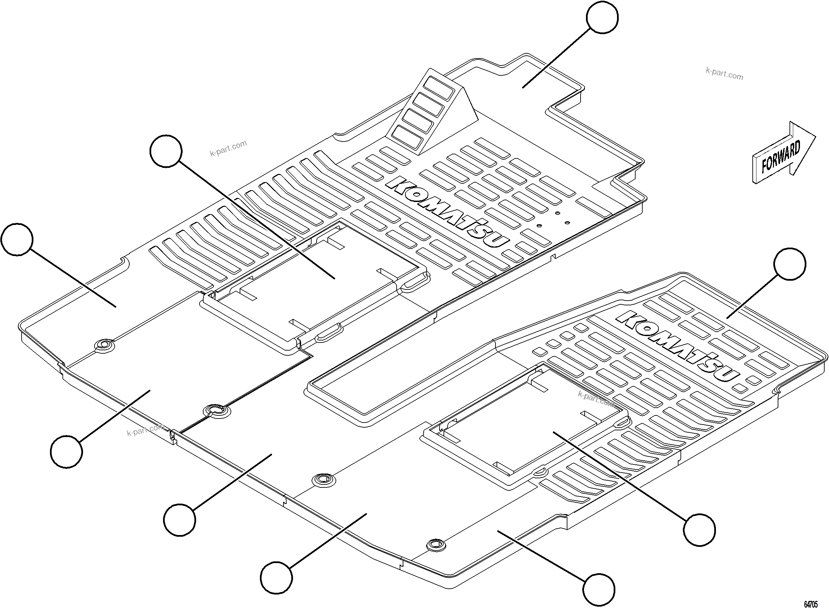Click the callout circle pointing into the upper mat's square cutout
pos(166,151)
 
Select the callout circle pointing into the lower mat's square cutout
pos(699,530)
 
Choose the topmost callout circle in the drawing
pos(603,17)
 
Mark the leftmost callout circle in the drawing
pos(17,239)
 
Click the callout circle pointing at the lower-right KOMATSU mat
pos(790,264)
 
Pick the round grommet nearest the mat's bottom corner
pos(436,544)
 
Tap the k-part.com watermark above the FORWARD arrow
pos(724,74)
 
